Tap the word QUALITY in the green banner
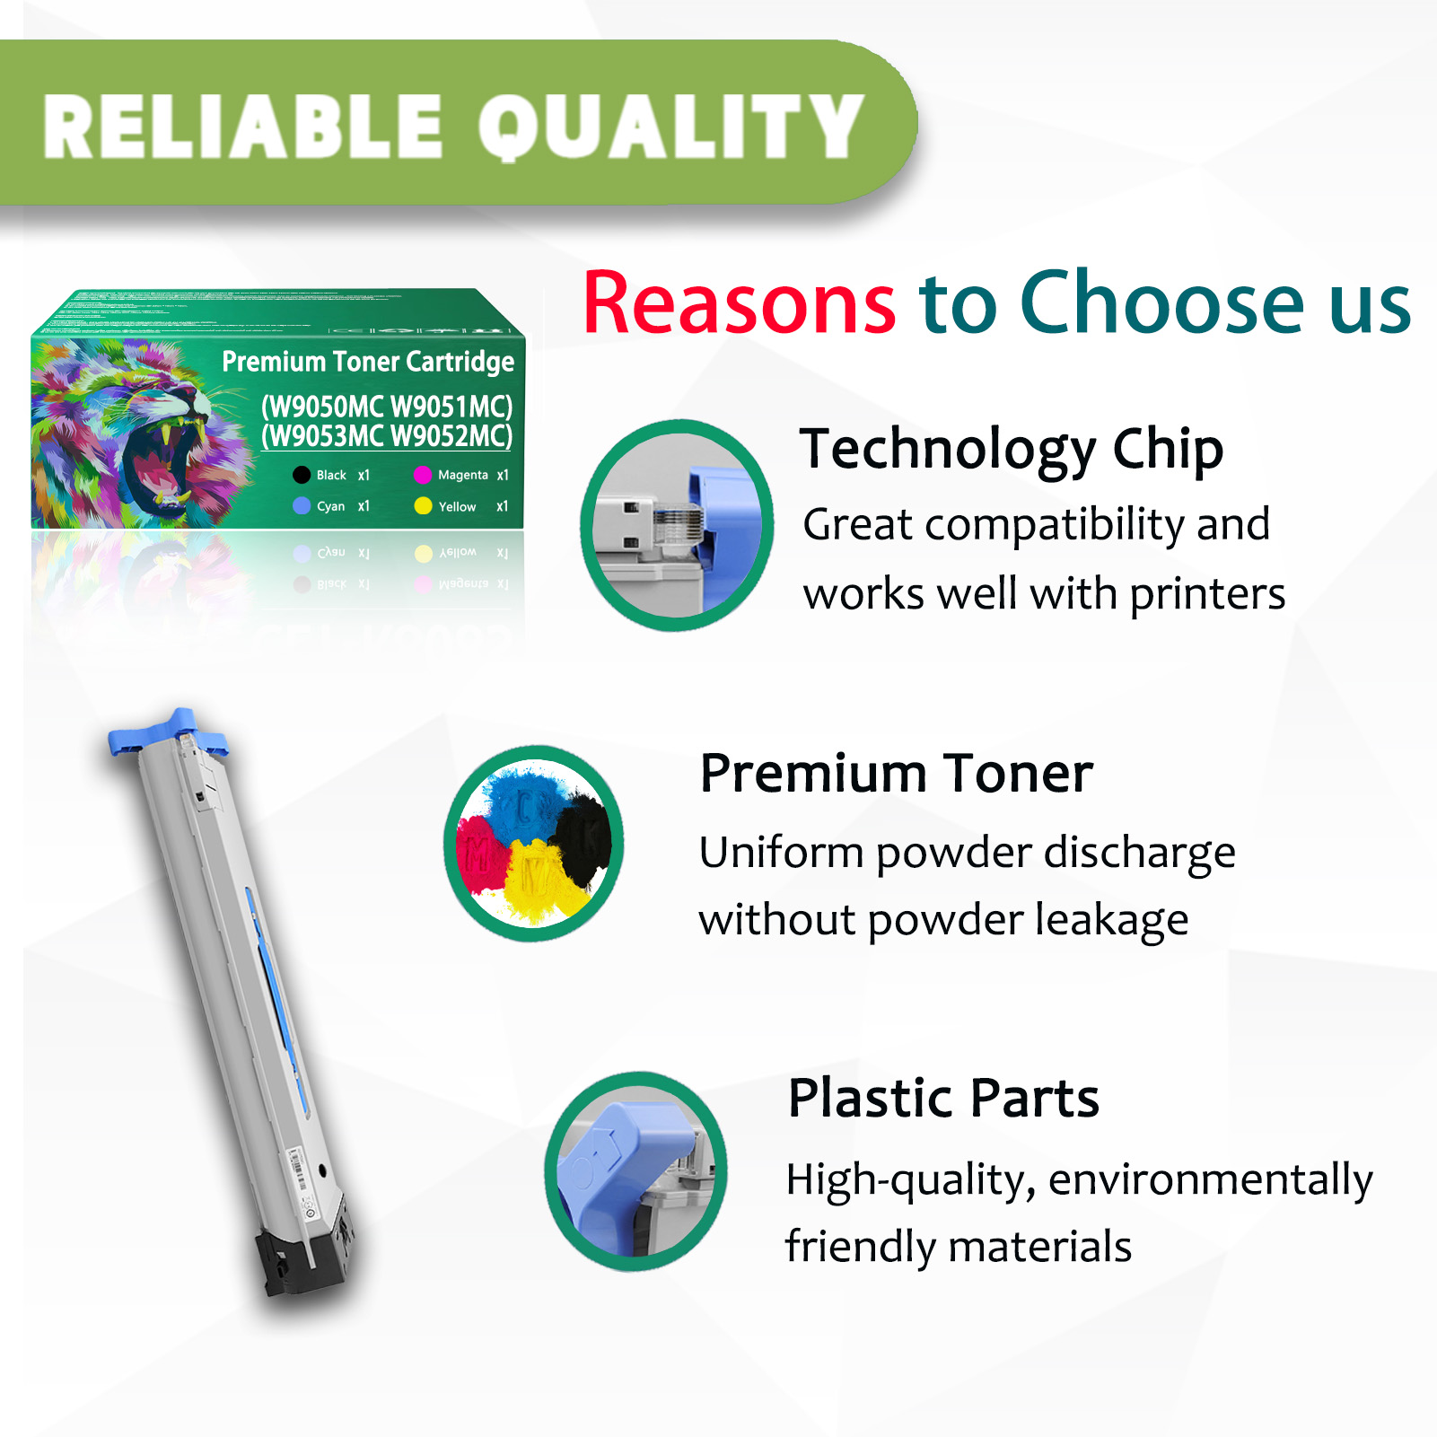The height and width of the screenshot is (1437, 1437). pyautogui.click(x=669, y=127)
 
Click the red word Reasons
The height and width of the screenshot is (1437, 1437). pyautogui.click(x=739, y=303)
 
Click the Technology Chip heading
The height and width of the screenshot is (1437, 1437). pyautogui.click(x=1011, y=449)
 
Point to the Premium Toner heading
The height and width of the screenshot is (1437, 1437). pyautogui.click(x=896, y=774)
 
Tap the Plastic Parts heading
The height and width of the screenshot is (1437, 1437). pyautogui.click(x=942, y=1098)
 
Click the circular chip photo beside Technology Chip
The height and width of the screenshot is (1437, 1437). pyautogui.click(x=677, y=525)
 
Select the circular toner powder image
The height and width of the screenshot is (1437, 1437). pyautogui.click(x=534, y=843)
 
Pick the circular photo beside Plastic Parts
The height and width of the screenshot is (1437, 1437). pyautogui.click(x=635, y=1170)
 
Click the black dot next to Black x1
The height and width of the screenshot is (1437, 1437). pyautogui.click(x=302, y=475)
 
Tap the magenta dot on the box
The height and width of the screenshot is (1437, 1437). pyautogui.click(x=423, y=475)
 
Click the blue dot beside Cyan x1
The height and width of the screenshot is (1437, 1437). pyautogui.click(x=302, y=506)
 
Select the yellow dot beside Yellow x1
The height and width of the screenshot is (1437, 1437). pyautogui.click(x=423, y=506)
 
